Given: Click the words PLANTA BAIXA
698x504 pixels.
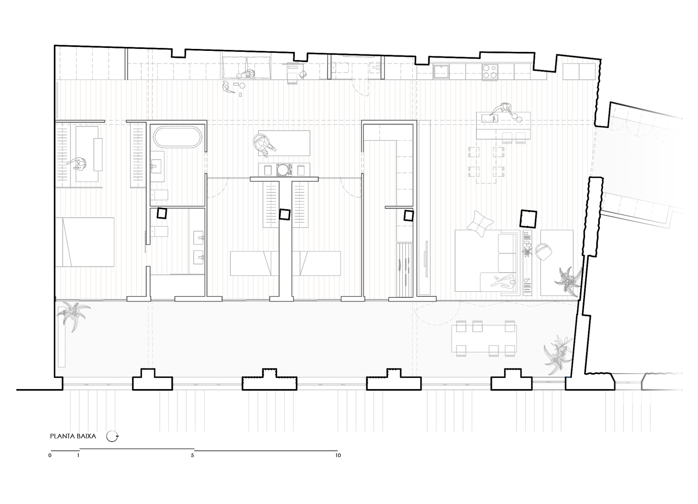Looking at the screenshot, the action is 73,436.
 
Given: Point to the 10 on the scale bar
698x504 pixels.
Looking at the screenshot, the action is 338,456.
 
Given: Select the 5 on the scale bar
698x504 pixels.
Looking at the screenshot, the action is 193,456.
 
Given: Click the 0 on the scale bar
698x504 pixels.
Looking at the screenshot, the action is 50,456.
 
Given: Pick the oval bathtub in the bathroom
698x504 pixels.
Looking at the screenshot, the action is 177,137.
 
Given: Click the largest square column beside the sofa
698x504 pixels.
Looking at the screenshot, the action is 528,219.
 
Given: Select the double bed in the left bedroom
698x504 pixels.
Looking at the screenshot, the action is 85,242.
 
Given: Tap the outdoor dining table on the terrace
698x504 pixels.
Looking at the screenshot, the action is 484,339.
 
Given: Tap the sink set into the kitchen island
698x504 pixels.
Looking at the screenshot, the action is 489,118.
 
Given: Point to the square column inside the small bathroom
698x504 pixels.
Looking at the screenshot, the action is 162,214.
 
